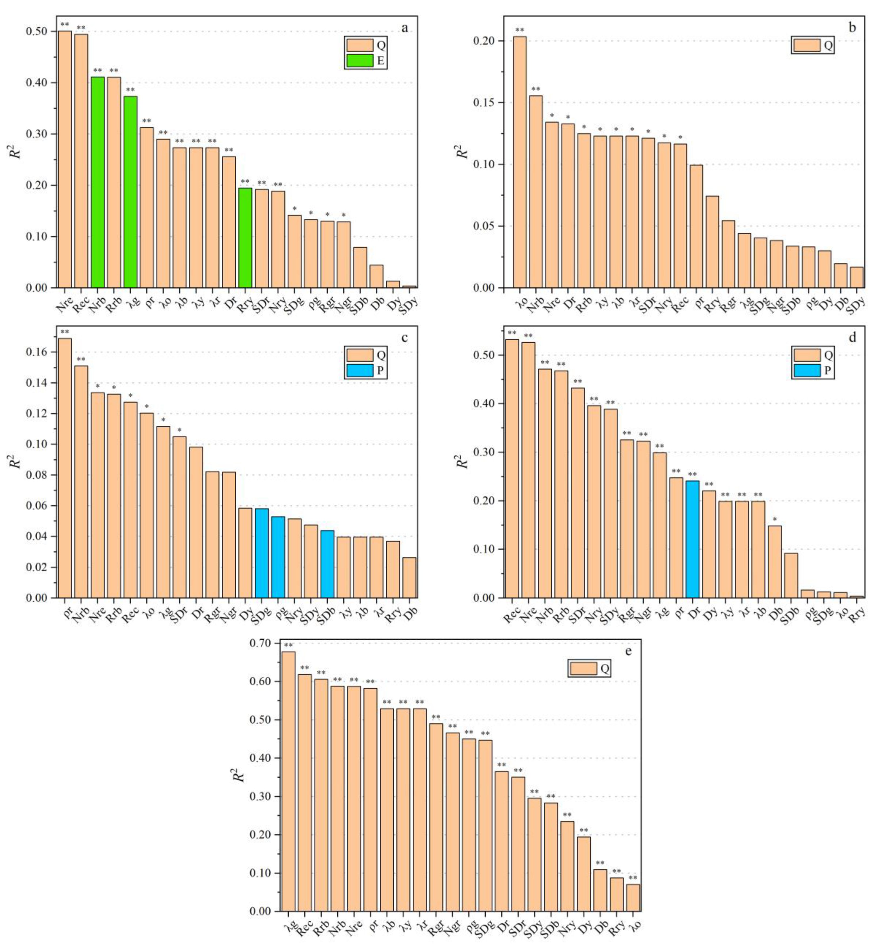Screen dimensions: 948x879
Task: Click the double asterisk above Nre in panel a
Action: pos(65,25)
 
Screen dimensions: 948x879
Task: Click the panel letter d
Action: pos(852,338)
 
